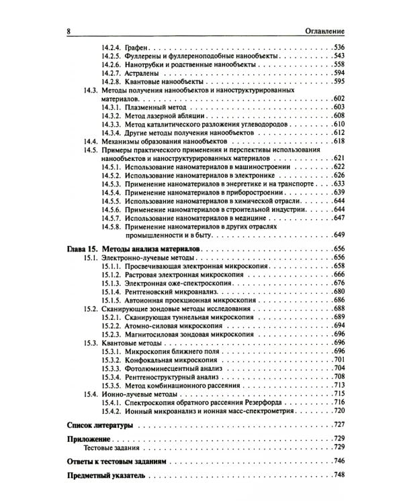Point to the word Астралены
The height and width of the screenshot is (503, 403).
pyautogui.click(x=144, y=72)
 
